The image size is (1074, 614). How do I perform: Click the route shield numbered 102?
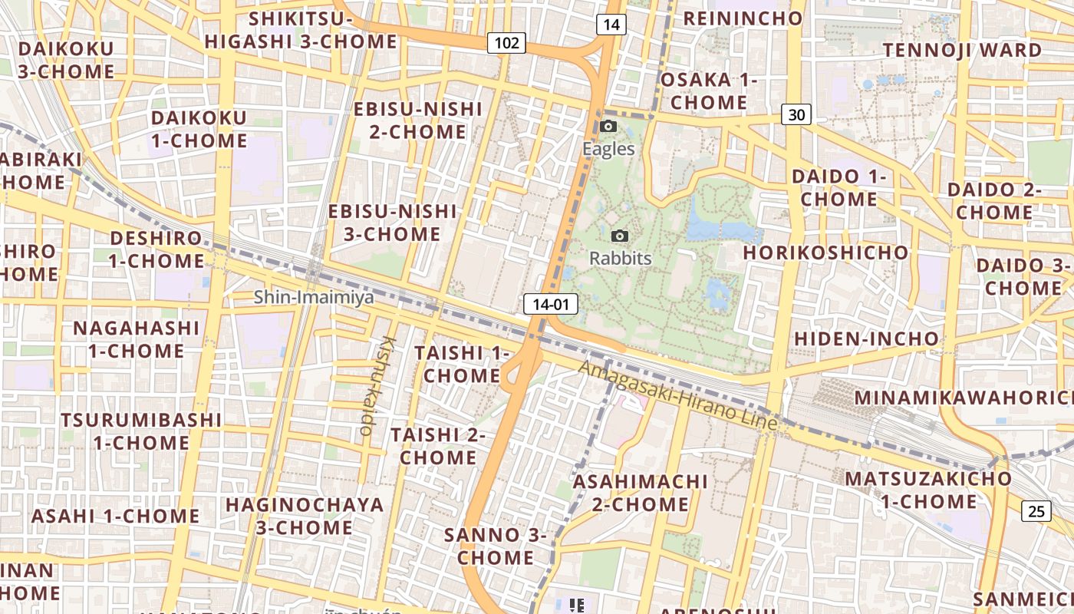506,43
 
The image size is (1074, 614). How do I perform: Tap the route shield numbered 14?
611,25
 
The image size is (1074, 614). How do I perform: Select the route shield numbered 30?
796,114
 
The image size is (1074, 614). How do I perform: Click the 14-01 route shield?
550,304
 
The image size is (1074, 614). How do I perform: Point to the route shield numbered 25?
1036,510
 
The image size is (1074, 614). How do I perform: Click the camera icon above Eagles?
608,127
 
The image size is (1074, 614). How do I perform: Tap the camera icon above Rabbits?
620,236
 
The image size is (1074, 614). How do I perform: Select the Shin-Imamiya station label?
314,296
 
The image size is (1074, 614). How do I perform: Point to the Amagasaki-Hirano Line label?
678,395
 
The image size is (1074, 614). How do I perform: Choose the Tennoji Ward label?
962,51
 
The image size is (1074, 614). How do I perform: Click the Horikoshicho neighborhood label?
825,253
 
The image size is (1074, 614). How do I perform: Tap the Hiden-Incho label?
866,338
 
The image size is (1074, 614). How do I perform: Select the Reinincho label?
742,18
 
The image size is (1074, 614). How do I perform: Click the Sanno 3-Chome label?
496,546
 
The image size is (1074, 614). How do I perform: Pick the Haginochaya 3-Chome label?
305,516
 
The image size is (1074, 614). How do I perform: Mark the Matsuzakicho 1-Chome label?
928,490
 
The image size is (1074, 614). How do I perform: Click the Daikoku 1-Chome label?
199,129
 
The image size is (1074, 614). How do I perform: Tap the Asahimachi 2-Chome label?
641,493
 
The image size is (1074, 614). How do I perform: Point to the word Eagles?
608,148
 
